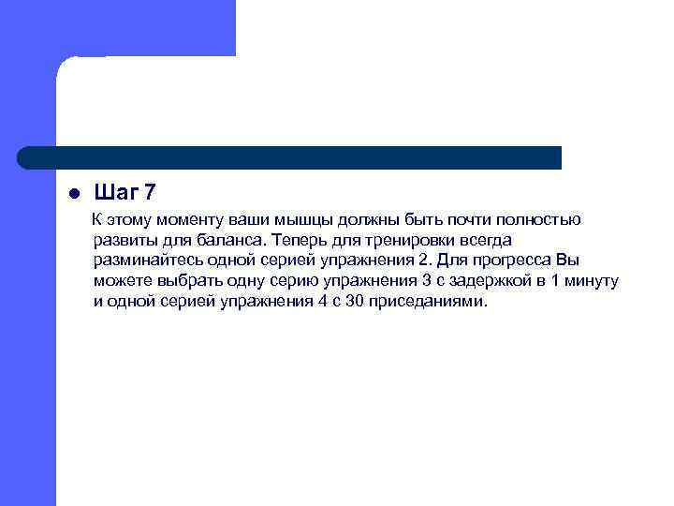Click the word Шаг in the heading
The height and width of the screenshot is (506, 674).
pos(117,193)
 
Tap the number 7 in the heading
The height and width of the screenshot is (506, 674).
pos(150,193)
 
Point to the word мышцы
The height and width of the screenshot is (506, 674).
pos(304,220)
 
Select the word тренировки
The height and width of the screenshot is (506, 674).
pos(406,241)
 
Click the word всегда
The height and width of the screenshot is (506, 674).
pos(483,241)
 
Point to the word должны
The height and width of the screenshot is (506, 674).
pos(372,220)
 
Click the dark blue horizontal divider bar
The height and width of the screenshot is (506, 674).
pos(290,157)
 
